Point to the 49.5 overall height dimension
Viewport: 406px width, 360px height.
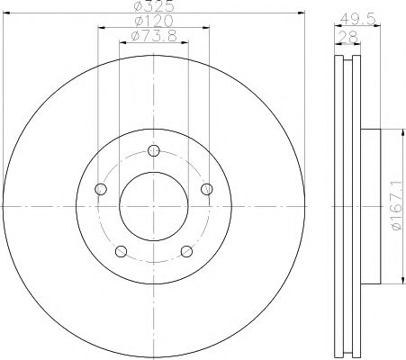(x=361, y=15)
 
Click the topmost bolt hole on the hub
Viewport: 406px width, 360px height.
(x=154, y=150)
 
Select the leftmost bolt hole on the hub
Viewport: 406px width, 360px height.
(x=100, y=189)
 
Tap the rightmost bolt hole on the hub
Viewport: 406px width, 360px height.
(x=207, y=189)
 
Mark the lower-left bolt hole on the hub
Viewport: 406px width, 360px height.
(x=121, y=252)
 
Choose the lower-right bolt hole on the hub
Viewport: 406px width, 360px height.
(x=186, y=252)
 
